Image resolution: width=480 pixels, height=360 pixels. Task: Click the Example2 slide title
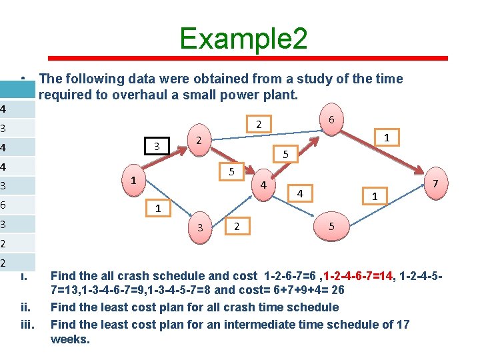click(x=243, y=39)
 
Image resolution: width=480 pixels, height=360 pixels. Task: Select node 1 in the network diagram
click(x=134, y=180)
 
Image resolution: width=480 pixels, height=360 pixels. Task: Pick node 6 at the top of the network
click(x=331, y=119)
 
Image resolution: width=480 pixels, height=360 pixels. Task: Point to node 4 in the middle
click(x=264, y=184)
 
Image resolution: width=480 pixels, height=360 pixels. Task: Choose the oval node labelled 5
click(x=331, y=227)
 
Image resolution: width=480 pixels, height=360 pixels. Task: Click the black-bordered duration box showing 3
click(x=157, y=146)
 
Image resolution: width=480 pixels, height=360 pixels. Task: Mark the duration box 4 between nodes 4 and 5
click(x=301, y=193)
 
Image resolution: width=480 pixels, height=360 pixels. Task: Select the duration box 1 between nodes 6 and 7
click(x=386, y=138)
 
